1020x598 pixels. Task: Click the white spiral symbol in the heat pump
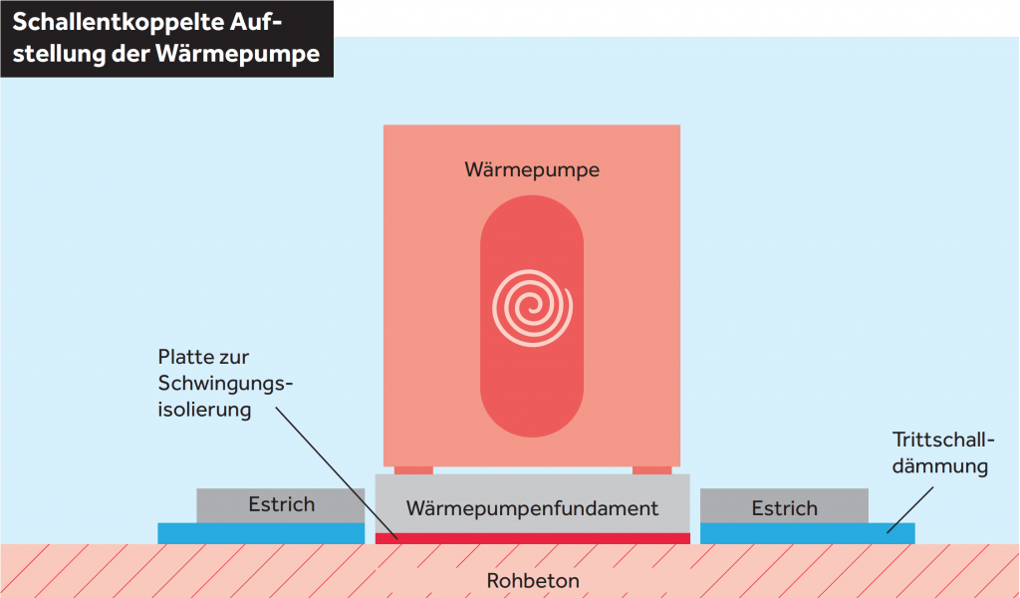[532, 308]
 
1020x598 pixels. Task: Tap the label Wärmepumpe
[532, 169]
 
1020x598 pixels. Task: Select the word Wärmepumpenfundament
[532, 508]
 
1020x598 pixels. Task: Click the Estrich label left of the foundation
[282, 504]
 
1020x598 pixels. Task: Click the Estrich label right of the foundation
[785, 508]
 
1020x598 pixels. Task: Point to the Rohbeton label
[533, 580]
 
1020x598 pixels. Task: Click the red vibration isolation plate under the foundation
[533, 538]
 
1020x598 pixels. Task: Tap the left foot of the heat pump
[413, 469]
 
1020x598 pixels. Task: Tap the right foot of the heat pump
[651, 469]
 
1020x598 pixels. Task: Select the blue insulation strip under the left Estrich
[261, 533]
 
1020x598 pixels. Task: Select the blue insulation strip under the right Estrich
[807, 533]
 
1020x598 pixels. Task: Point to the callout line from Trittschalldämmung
[910, 510]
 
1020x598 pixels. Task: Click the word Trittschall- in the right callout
[943, 440]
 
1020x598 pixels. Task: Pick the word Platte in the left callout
[184, 357]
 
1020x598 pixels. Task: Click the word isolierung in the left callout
[204, 410]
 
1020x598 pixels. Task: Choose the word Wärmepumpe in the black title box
[238, 54]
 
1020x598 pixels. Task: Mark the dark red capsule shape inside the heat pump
[532, 316]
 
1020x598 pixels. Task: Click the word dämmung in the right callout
[940, 465]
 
